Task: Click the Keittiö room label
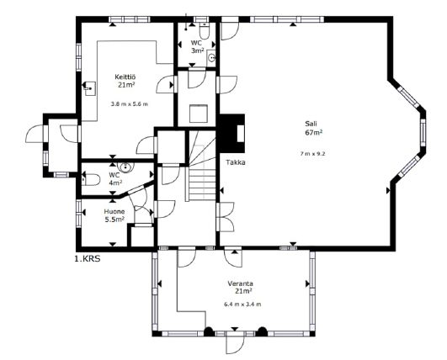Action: click(125, 77)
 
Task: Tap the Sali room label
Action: click(311, 124)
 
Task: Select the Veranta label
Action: click(240, 283)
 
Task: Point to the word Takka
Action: click(236, 162)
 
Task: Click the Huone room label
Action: click(114, 212)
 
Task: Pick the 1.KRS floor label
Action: click(88, 259)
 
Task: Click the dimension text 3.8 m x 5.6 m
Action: click(130, 104)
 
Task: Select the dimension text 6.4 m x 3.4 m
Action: click(242, 304)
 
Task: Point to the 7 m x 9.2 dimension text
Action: click(312, 154)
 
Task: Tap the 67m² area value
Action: click(314, 132)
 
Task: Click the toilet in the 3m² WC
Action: click(204, 31)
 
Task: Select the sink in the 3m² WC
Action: click(211, 58)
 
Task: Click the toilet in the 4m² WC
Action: click(91, 179)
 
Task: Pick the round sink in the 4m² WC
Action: click(125, 167)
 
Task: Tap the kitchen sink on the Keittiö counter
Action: click(89, 88)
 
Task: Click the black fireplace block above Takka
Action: click(231, 133)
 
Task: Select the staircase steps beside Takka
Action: click(202, 166)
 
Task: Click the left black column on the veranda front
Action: click(209, 331)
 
